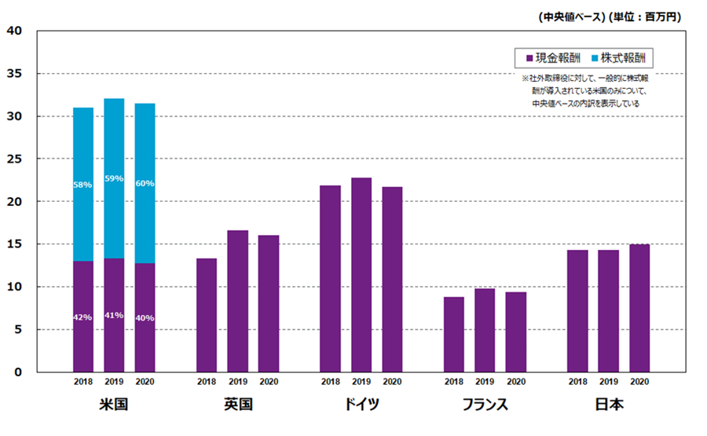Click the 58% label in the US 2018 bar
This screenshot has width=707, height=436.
[83, 185]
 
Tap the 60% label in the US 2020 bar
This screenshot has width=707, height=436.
[145, 183]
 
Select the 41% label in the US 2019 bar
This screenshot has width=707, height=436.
[114, 315]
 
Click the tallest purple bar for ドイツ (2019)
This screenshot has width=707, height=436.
[361, 275]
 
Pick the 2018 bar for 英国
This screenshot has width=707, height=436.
[207, 314]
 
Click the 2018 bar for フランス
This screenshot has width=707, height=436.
[454, 334]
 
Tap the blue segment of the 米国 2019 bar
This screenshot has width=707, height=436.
[114, 178]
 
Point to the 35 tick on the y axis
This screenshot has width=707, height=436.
[17, 74]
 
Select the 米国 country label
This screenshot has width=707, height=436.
[114, 405]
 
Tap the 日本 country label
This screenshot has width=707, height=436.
[608, 405]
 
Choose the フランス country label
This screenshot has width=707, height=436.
[485, 405]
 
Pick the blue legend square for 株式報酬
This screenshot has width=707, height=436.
[594, 57]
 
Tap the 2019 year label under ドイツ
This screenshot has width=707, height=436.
[361, 383]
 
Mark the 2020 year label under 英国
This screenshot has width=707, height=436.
[269, 383]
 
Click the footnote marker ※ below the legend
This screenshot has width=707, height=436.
[526, 79]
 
